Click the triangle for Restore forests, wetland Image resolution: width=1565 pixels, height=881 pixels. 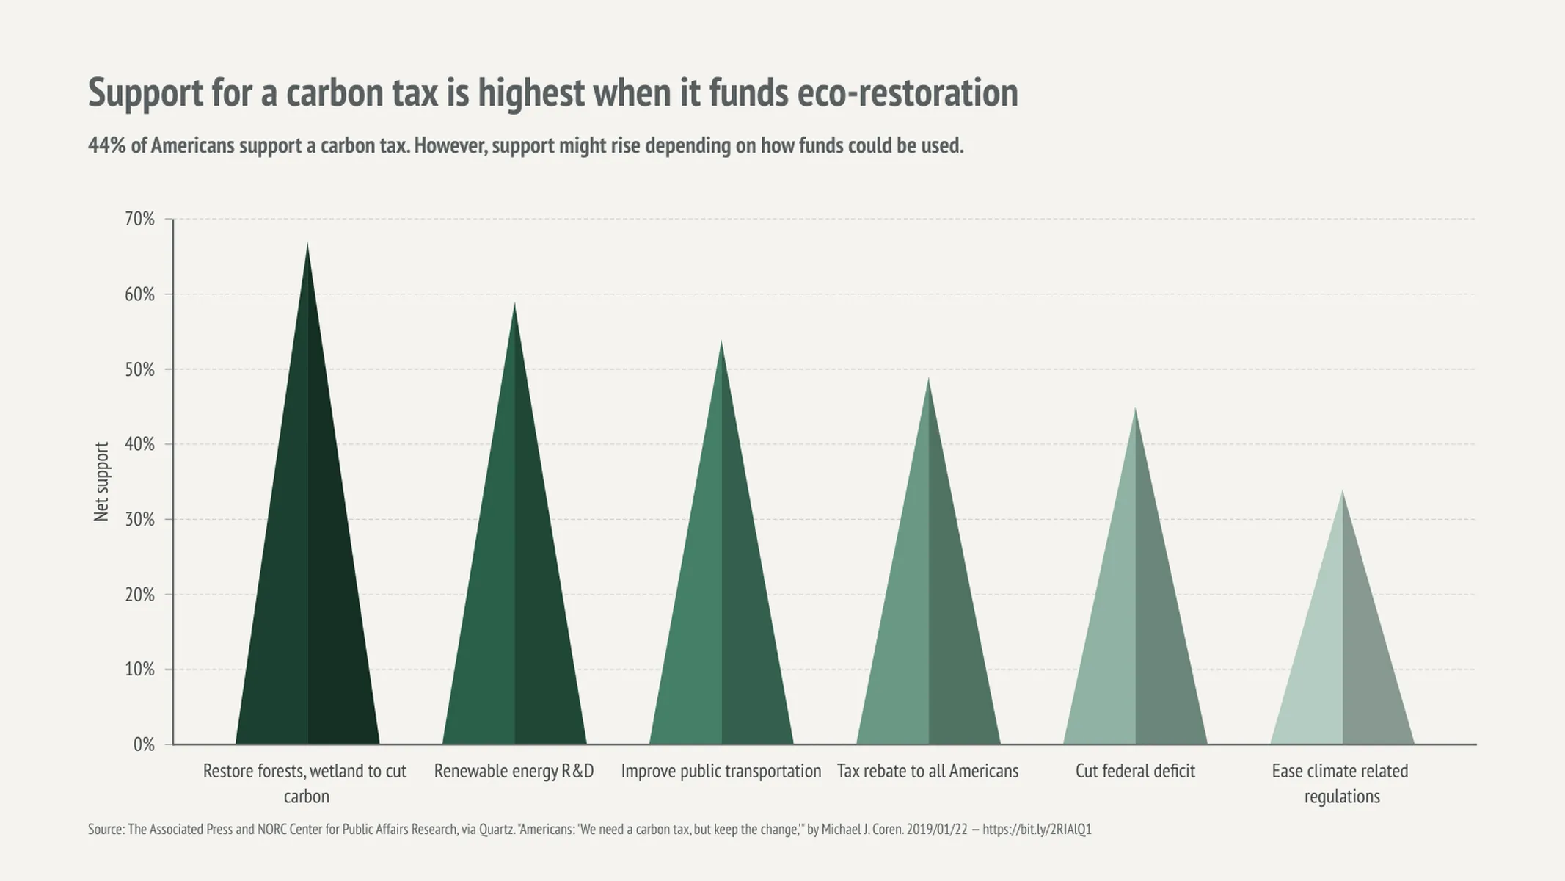(x=307, y=587)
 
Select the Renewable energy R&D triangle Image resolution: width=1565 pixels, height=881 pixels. (x=514, y=602)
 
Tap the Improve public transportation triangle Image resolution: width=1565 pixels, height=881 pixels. (x=721, y=617)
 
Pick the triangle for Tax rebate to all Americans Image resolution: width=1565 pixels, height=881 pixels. (x=928, y=631)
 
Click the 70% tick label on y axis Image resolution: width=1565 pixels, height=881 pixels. (x=139, y=219)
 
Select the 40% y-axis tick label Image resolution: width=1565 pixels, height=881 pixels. (x=139, y=444)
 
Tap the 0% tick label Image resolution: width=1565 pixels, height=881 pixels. (x=144, y=744)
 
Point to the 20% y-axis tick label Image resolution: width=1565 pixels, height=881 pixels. (x=139, y=595)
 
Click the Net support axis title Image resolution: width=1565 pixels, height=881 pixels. (x=101, y=482)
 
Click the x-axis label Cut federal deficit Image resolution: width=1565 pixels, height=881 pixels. (x=1135, y=771)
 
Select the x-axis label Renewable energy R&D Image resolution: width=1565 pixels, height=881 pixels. (x=514, y=771)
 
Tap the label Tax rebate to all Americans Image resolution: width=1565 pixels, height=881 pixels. (x=927, y=771)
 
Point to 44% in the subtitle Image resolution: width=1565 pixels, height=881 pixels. (x=107, y=145)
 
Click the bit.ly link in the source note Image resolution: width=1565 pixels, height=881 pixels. (x=1037, y=830)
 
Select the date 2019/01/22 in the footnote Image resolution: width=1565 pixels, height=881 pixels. (x=937, y=830)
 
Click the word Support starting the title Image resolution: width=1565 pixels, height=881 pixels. (x=145, y=93)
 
